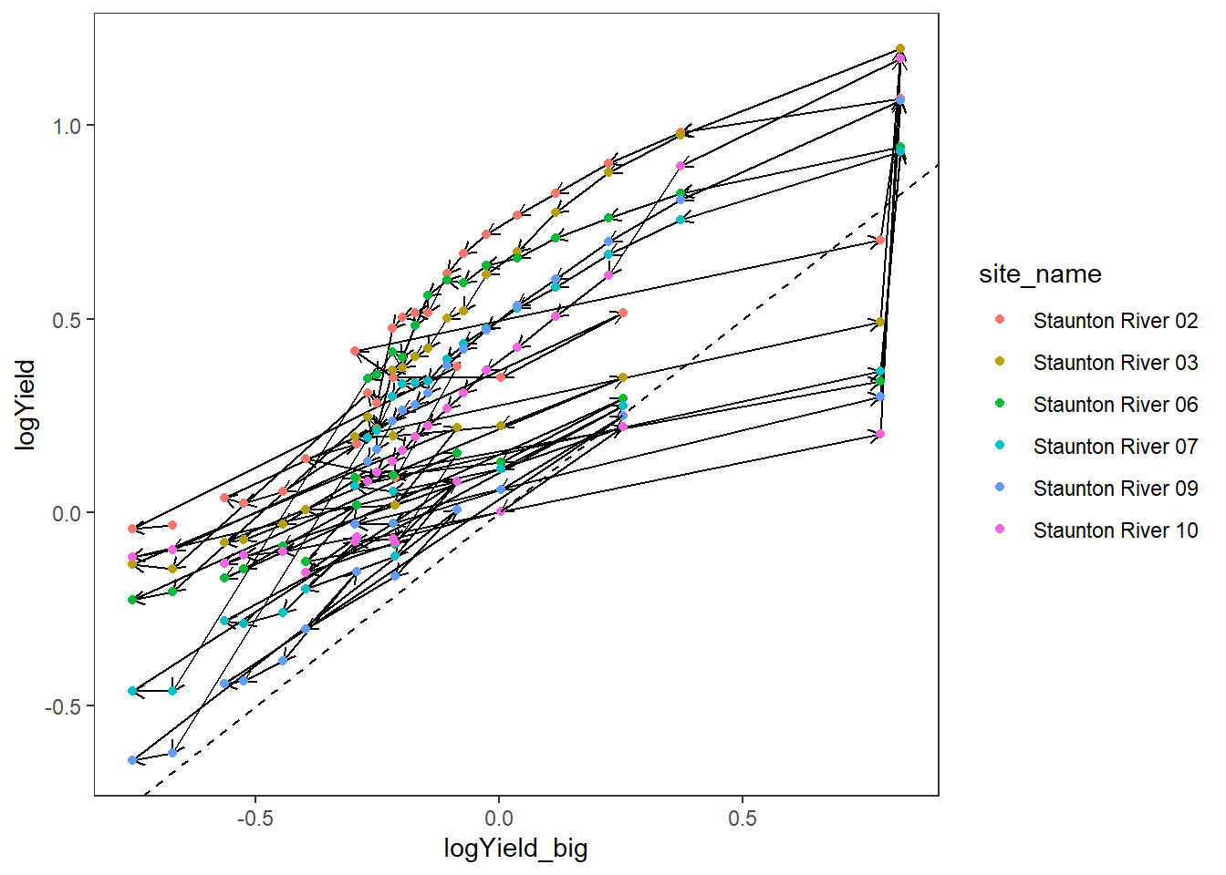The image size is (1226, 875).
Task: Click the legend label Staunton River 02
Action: [x=1115, y=321]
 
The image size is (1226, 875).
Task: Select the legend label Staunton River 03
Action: [x=1115, y=363]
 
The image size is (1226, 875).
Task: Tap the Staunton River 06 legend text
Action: [x=1115, y=405]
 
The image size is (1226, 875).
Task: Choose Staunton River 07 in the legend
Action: [x=1115, y=447]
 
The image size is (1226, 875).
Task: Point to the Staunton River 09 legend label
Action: [x=1115, y=489]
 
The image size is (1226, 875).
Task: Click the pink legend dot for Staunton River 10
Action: [x=1000, y=530]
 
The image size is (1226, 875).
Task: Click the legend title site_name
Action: [x=1040, y=274]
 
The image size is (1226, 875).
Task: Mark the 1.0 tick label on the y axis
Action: [x=68, y=127]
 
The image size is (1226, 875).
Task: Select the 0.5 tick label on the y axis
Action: [x=68, y=320]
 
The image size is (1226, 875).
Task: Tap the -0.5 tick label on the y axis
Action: [x=64, y=707]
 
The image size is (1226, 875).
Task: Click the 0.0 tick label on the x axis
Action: [x=499, y=818]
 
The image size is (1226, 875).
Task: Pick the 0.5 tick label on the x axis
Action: [x=743, y=818]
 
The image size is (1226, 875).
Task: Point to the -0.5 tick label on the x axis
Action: [x=255, y=818]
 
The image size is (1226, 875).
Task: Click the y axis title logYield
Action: [x=26, y=404]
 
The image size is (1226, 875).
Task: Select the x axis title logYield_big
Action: [x=515, y=849]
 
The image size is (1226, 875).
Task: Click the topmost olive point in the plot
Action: [x=900, y=49]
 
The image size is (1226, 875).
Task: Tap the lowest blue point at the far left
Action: [x=132, y=760]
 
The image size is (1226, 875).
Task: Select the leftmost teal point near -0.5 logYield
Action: [x=132, y=691]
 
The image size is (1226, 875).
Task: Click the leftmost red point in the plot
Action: [x=132, y=529]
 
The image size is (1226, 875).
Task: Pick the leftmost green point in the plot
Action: [x=132, y=600]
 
